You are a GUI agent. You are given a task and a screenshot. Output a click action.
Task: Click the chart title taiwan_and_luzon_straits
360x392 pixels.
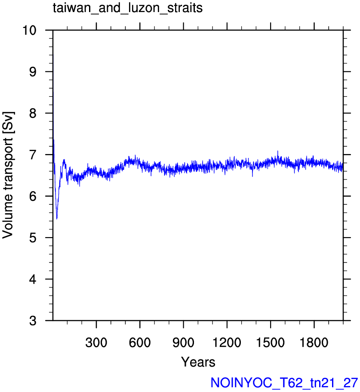128,9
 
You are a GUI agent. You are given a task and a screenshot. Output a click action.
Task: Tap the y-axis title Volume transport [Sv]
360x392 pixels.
8,175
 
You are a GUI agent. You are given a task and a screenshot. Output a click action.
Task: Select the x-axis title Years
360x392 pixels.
198,362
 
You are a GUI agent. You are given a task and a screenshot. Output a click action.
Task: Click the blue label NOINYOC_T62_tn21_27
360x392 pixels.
284,383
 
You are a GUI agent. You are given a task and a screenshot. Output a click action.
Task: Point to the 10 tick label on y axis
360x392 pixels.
30,30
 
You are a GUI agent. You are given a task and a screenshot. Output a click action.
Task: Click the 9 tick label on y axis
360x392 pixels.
33,72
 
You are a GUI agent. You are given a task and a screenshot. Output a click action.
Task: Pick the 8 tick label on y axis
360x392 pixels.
33,113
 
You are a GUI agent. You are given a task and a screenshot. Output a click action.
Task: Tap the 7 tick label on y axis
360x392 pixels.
33,155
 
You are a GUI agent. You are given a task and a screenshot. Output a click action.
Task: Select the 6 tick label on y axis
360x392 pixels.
33,196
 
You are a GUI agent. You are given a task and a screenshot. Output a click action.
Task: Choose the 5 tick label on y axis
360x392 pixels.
33,238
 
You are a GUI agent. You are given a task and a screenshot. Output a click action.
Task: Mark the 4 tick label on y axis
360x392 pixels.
33,279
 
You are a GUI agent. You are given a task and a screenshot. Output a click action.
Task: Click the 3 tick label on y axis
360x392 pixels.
33,321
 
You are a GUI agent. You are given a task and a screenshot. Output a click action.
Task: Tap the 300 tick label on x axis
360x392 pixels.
96,343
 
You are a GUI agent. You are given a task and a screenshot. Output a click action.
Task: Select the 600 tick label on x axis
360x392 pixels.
140,343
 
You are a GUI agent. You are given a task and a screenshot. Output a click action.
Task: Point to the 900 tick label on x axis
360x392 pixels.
183,343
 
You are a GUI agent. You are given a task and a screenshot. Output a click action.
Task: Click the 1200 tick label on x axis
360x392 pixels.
227,343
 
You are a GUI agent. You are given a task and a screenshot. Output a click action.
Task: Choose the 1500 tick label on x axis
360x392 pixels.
270,343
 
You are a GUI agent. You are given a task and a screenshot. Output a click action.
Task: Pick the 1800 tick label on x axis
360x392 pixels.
314,343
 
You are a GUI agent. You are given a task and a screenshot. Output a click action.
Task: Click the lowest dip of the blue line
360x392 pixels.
57,219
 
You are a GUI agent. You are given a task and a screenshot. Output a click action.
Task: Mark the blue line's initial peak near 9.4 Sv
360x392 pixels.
53,55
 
